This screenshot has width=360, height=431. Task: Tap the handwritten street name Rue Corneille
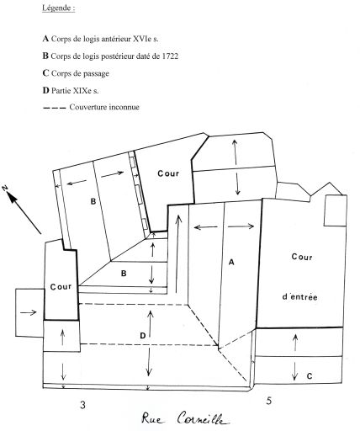[184, 420]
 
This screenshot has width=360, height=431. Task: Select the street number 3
[82, 405]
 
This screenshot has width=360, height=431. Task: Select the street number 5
[268, 401]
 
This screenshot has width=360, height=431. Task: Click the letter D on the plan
[143, 336]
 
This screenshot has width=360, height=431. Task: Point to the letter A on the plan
[231, 262]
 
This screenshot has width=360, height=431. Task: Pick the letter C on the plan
[310, 376]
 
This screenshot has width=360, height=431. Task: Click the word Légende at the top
[58, 8]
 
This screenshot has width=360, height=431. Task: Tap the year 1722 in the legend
[170, 56]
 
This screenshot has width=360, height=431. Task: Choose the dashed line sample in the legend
[54, 108]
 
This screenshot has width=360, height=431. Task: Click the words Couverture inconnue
[104, 107]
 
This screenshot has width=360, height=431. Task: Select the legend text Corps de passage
[80, 73]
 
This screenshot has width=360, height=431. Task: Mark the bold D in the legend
[45, 91]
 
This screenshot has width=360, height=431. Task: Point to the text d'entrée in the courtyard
[299, 296]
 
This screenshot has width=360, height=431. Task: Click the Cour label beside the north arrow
[61, 287]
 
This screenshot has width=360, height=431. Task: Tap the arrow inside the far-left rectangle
[29, 312]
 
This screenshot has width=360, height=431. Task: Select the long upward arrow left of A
[177, 254]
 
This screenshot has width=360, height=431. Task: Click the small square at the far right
[336, 210]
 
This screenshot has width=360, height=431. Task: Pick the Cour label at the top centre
[168, 173]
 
